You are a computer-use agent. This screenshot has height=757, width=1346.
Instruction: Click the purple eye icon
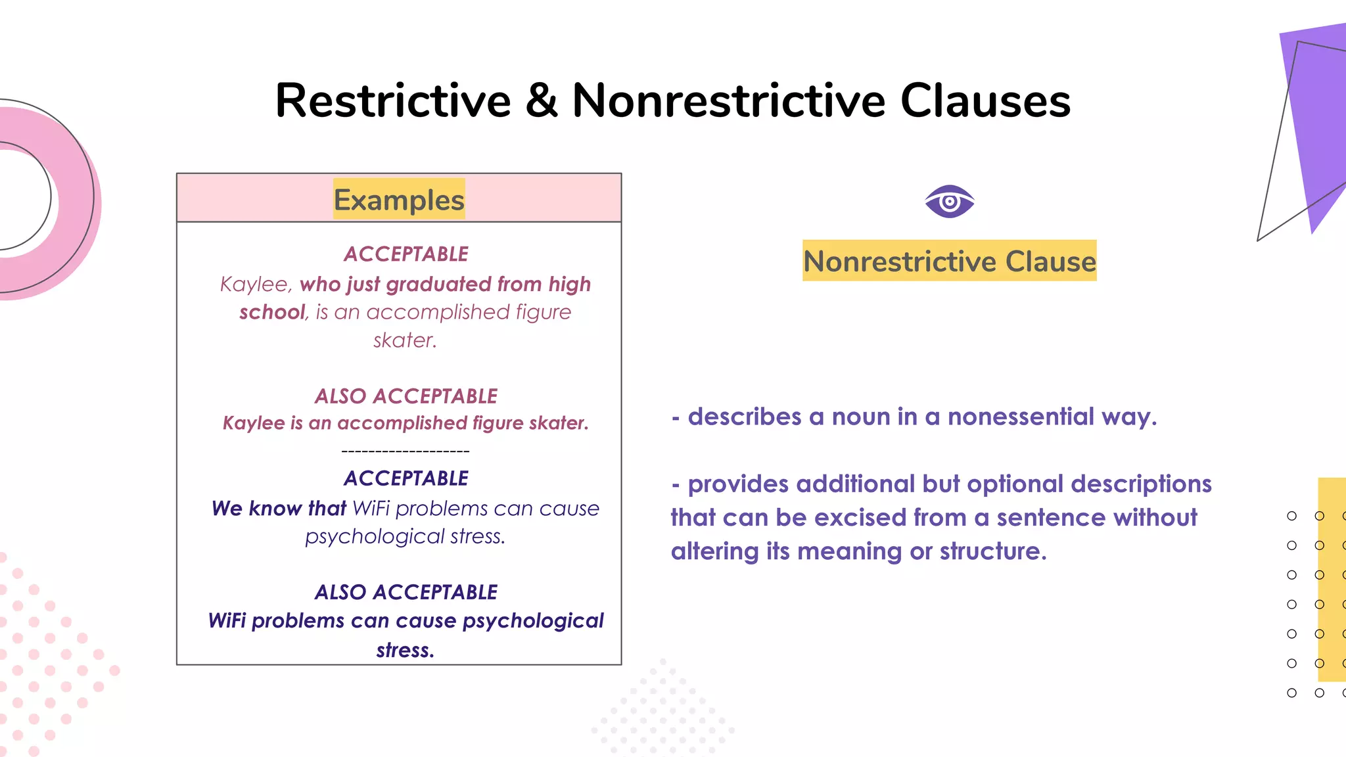[x=949, y=201]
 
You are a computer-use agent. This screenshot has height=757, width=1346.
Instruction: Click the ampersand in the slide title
[x=542, y=101]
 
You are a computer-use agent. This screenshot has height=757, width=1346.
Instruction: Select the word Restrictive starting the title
[x=393, y=101]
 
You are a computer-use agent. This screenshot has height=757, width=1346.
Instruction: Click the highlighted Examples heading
[x=399, y=200]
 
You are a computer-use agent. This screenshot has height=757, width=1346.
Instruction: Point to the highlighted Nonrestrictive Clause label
[x=949, y=261]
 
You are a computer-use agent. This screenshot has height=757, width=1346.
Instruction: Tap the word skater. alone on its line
[x=405, y=340]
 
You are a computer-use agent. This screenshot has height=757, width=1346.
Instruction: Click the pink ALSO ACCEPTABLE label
[x=406, y=396]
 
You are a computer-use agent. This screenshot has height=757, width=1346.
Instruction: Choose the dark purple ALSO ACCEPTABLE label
[x=406, y=592]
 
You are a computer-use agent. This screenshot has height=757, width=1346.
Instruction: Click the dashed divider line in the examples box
[x=406, y=451]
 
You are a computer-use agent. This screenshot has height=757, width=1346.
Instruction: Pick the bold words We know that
[x=279, y=509]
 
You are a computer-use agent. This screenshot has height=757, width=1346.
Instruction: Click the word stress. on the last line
[x=406, y=650]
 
